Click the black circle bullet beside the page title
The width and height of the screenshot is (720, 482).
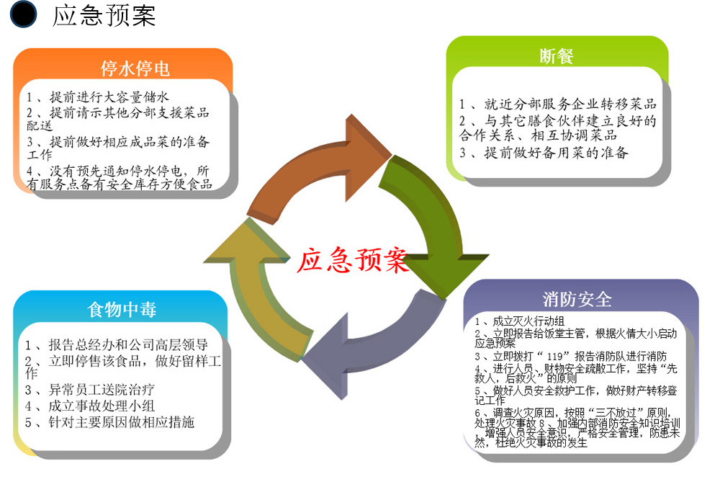click(23, 15)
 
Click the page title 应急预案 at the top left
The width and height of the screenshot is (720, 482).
click(104, 16)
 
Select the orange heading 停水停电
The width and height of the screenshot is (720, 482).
click(135, 68)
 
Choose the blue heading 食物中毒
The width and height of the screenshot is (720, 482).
click(122, 310)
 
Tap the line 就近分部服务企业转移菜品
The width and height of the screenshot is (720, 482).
click(558, 104)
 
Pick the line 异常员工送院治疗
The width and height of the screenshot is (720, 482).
click(89, 390)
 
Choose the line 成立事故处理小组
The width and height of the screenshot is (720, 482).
click(89, 406)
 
